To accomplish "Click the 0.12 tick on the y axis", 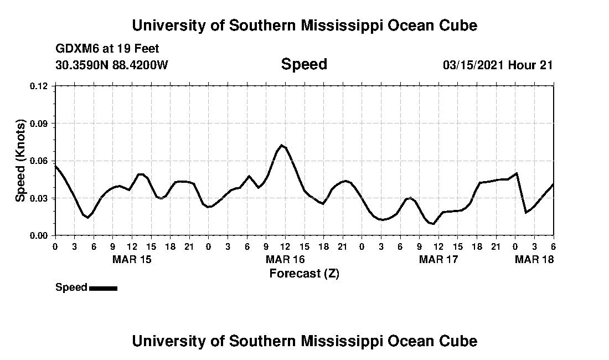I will (40, 86).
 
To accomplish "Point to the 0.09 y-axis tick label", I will (40, 123).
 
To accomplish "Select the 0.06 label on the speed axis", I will (40, 161).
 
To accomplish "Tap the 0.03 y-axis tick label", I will (40, 198).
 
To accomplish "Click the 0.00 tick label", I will (40, 235).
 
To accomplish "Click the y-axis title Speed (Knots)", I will (20, 160).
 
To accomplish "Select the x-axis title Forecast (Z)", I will (304, 273).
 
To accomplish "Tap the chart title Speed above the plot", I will (304, 64).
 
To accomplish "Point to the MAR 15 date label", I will (132, 259).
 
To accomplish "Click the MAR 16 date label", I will (285, 259).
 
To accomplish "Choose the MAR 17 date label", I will (438, 259).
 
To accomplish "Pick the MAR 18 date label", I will (534, 259).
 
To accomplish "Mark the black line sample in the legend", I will (103, 288).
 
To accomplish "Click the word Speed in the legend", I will (71, 287).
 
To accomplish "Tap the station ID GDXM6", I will (76, 49).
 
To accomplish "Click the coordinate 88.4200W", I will (140, 65).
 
